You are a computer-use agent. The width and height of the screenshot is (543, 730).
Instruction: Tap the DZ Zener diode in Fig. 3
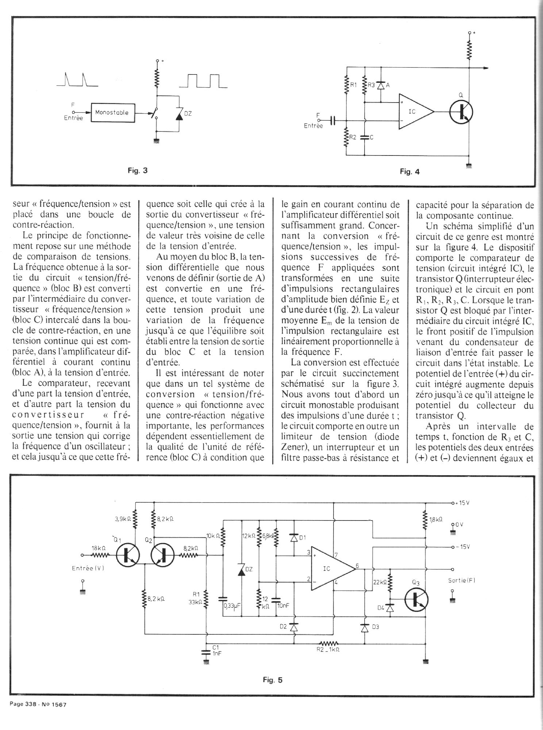point(179,114)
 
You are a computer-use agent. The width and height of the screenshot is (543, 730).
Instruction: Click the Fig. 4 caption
point(409,171)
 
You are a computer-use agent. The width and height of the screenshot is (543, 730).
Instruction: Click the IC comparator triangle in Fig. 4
point(415,111)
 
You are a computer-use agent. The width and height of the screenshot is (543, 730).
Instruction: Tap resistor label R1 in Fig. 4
point(353,85)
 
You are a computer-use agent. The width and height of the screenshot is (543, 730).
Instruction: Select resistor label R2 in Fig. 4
point(353,138)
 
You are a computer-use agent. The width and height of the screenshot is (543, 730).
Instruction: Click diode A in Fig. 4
point(381,85)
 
